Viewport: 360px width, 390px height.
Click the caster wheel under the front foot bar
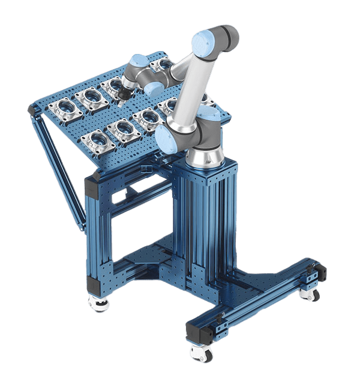[200, 353]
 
